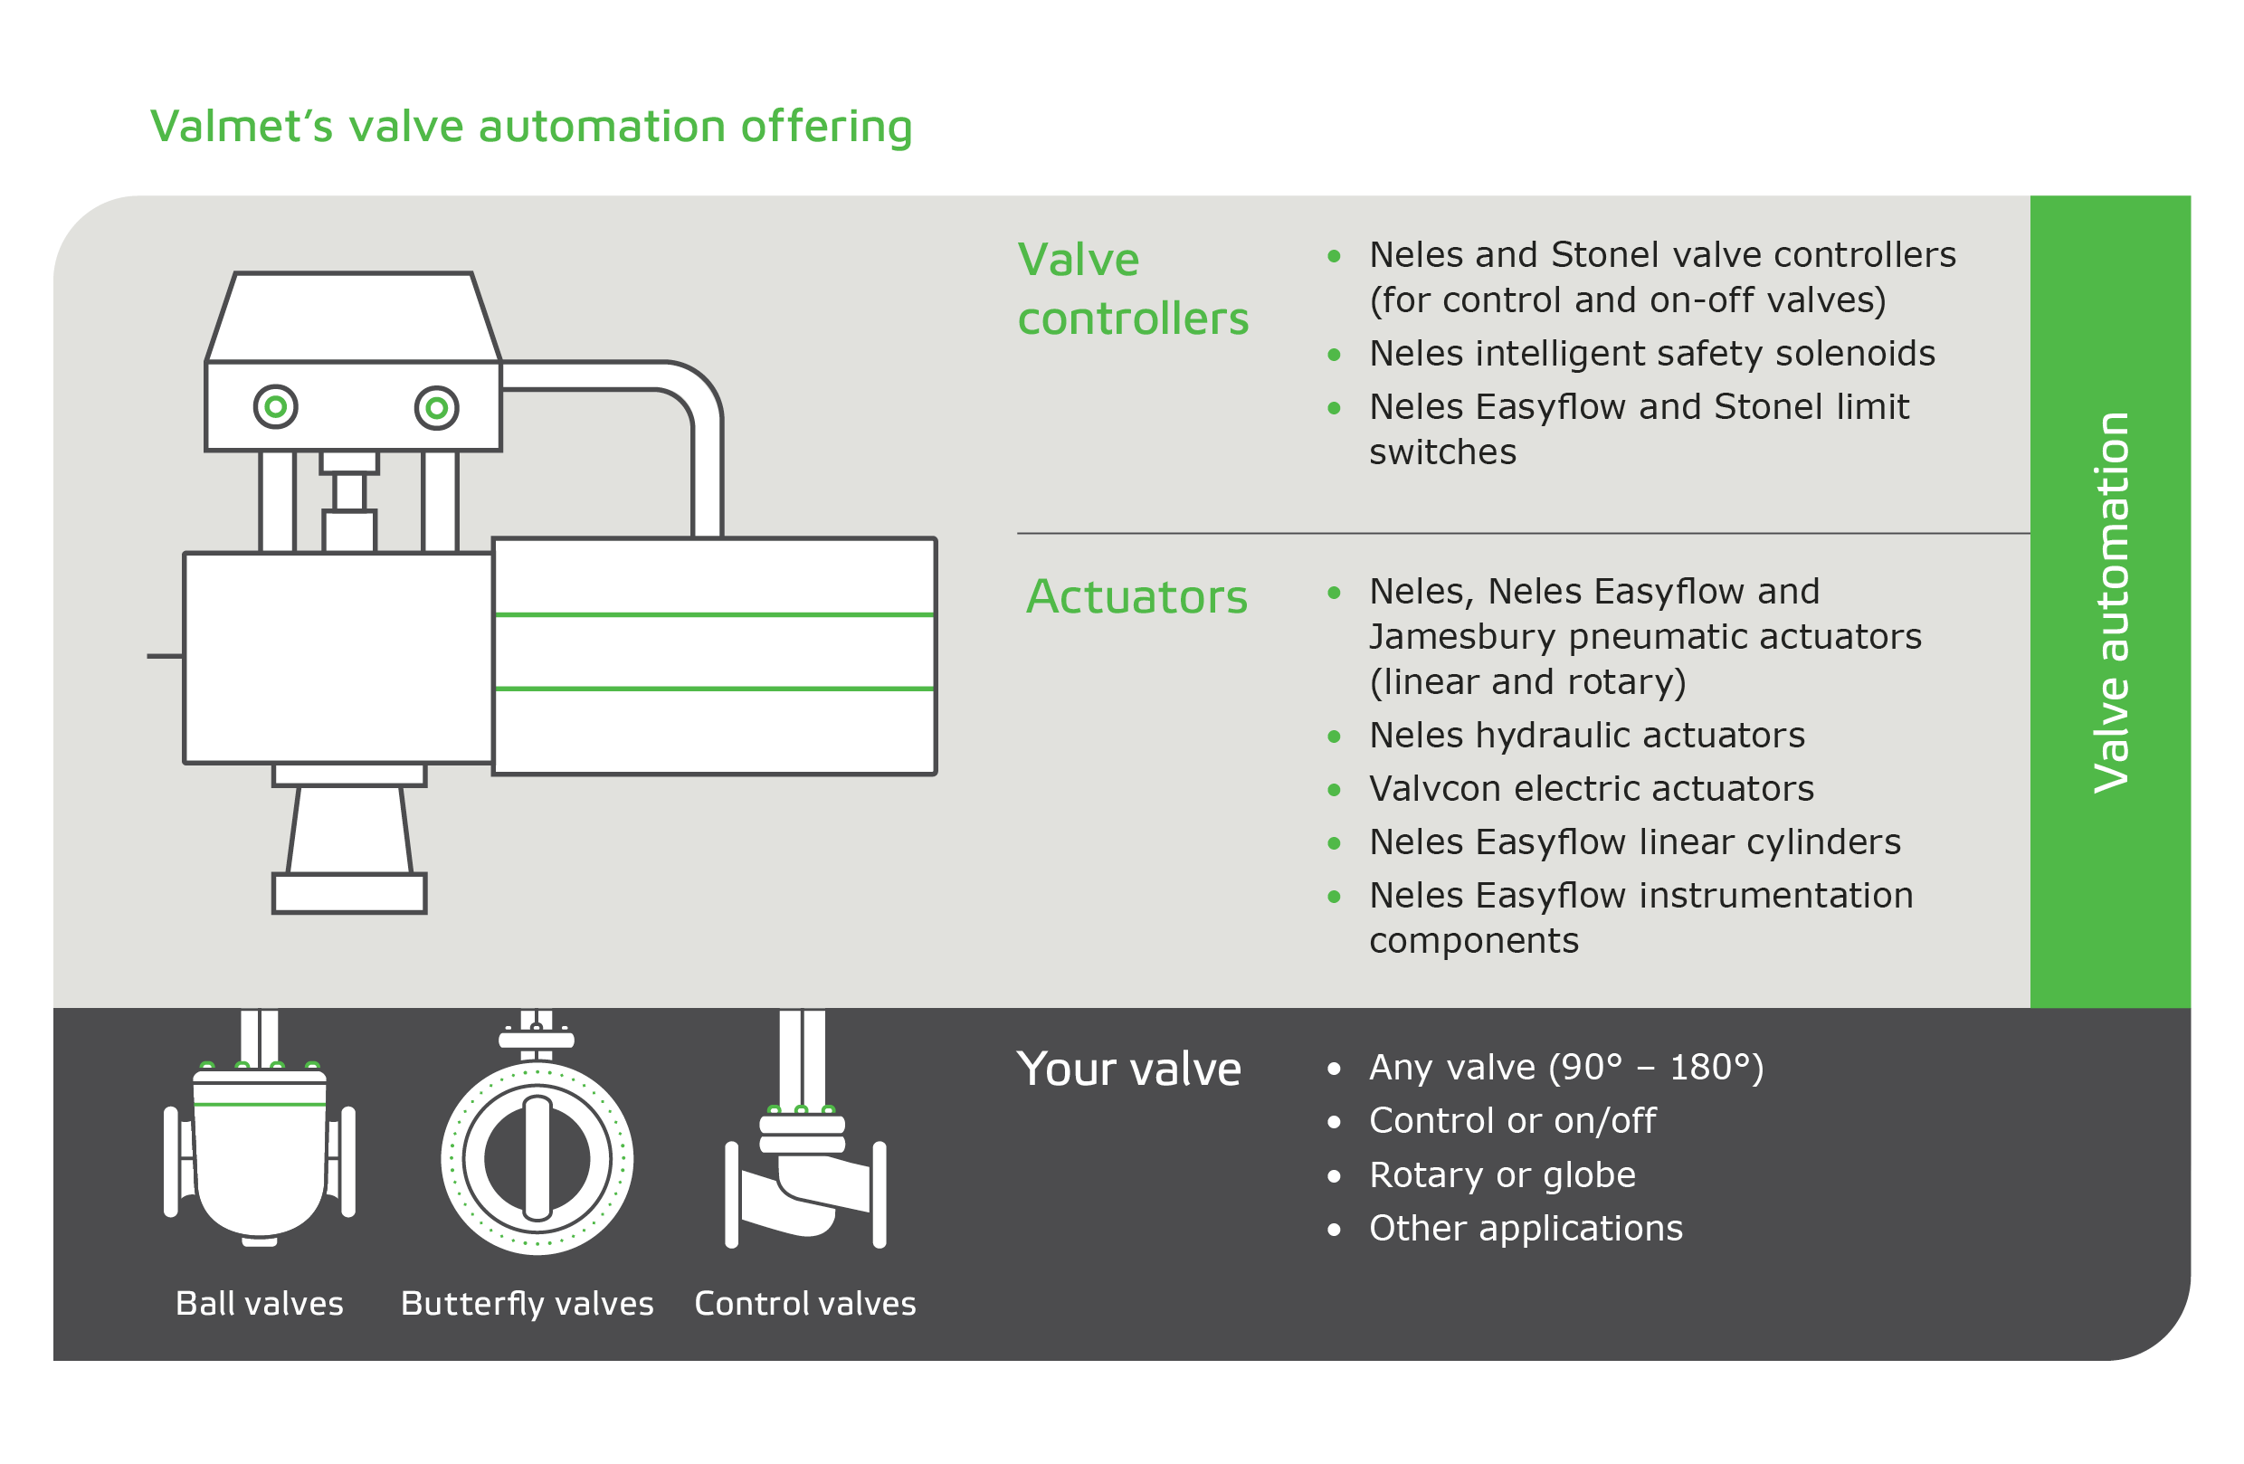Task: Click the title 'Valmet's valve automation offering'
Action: pos(531,127)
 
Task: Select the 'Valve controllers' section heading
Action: pos(1132,289)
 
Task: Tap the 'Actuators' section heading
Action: pos(1136,596)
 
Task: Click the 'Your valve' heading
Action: pos(1128,1069)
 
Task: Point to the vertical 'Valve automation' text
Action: pos(2110,603)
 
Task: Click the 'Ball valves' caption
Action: pos(260,1303)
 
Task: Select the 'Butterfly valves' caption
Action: pos(527,1303)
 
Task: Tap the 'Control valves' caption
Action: pos(804,1303)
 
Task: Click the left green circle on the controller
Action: pos(275,407)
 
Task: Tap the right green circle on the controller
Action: pos(436,408)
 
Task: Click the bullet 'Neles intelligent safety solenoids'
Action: pos(1651,354)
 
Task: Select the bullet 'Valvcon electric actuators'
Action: pos(1591,788)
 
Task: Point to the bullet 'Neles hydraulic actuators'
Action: pos(1586,736)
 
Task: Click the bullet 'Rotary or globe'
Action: pos(1502,1174)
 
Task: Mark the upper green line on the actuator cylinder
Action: pos(714,614)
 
